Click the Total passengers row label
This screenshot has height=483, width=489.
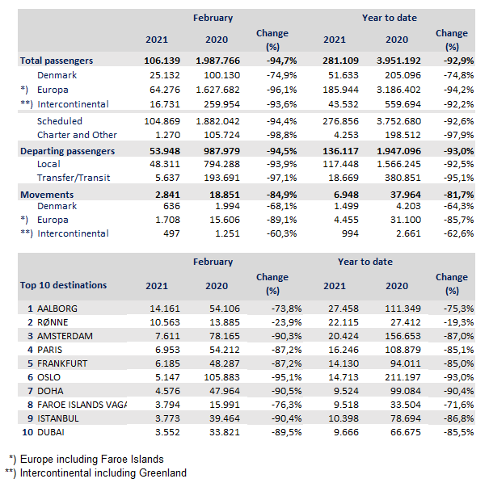[x=57, y=61]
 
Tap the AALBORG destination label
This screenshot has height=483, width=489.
[x=58, y=308]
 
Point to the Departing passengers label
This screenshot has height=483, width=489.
[x=67, y=151]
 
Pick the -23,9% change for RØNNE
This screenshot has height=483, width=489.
[x=272, y=321]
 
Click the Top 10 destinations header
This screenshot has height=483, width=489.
[x=63, y=285]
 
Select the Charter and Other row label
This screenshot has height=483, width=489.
[x=77, y=135]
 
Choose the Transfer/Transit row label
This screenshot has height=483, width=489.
[x=74, y=178]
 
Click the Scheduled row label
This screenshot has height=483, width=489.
[x=61, y=120]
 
